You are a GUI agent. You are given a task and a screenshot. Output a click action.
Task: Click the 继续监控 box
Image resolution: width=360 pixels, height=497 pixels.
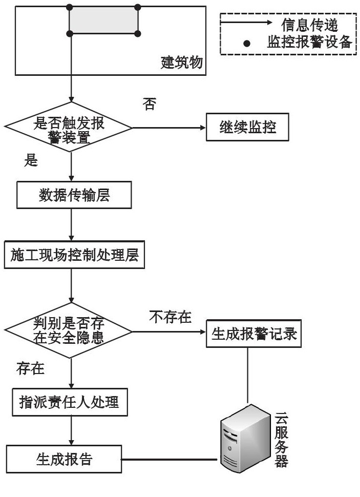tap(247, 127)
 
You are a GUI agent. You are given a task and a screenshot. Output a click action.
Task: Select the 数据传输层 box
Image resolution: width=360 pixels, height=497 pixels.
tap(74, 195)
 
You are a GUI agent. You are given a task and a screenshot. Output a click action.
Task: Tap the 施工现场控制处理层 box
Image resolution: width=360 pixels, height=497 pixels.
tap(74, 255)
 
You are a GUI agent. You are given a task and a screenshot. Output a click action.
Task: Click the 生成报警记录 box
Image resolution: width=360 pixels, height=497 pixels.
tap(253, 334)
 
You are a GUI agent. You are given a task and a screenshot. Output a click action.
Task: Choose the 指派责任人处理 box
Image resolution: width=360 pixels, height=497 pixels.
tap(70, 402)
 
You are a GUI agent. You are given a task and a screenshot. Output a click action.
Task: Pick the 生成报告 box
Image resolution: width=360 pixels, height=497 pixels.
tap(63, 459)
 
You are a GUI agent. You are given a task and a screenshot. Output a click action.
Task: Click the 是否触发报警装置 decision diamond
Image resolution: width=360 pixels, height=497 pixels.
tap(69, 127)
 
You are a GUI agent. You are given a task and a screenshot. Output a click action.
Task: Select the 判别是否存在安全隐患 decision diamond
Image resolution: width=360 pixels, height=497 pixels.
tap(69, 330)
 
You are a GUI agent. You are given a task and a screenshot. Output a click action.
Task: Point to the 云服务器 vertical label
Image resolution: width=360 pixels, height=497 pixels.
tap(281, 439)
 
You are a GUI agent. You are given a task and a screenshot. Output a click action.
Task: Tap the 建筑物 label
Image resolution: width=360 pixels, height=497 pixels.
tap(182, 62)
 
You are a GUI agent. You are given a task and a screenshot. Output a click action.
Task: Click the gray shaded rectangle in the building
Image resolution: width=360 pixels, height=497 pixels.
tap(103, 20)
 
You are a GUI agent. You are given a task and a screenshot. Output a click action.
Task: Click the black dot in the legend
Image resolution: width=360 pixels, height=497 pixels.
tap(247, 43)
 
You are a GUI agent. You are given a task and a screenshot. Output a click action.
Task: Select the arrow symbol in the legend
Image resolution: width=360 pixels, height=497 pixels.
tap(246, 22)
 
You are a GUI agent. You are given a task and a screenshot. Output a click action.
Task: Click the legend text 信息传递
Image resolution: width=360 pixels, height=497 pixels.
tap(310, 25)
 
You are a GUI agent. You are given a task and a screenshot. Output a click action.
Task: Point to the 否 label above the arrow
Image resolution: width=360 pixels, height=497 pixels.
tap(149, 104)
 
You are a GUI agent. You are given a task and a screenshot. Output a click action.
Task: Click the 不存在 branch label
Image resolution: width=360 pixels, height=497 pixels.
tap(171, 317)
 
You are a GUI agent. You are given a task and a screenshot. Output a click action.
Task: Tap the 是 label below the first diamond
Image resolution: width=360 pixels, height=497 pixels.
tap(31, 160)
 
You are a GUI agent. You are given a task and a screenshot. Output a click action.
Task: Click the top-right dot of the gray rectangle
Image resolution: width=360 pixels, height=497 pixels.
tap(138, 7)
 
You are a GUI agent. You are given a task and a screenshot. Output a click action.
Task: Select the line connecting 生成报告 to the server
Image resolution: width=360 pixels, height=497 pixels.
tap(171, 459)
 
